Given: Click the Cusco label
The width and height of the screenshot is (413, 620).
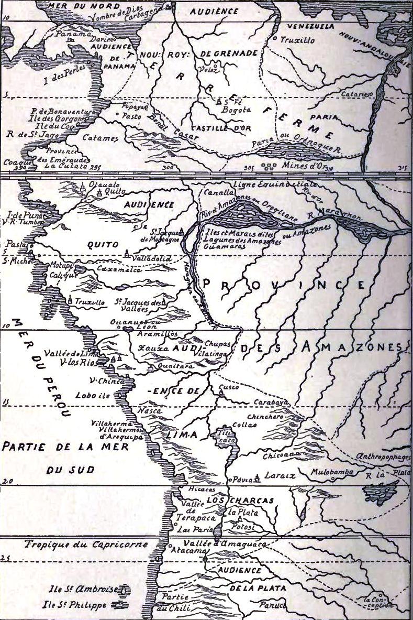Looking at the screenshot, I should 231,387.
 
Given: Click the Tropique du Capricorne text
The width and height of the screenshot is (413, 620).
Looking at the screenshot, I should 86,545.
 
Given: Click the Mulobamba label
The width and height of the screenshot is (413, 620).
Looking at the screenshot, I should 332,472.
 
